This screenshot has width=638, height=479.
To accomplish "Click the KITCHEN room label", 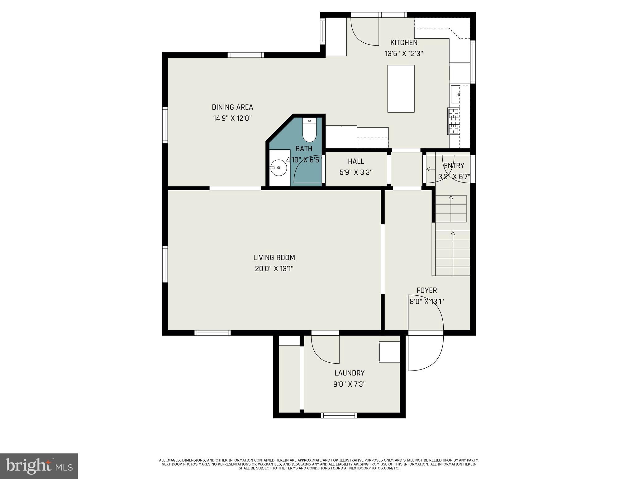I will (404, 43).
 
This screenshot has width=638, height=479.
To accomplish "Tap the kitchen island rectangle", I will (401, 89).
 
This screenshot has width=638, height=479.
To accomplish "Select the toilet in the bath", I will (309, 131).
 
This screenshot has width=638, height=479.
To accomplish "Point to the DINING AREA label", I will (232, 107).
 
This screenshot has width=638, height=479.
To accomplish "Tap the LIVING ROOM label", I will (274, 258).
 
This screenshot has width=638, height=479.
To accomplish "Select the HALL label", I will (356, 162).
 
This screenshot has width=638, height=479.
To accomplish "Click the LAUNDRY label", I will (349, 373).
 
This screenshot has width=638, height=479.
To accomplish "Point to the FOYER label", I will (426, 290).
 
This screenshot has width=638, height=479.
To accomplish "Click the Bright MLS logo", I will (39, 466).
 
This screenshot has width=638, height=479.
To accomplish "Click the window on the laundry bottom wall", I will (339, 415).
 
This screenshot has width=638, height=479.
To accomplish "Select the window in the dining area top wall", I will (245, 55).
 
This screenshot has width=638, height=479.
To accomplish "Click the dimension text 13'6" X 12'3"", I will (404, 54).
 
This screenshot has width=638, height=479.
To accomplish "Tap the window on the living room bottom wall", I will (212, 333).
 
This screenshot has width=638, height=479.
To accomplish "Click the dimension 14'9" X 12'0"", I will (232, 119).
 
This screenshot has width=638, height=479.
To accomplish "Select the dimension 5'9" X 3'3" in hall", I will (356, 172).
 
